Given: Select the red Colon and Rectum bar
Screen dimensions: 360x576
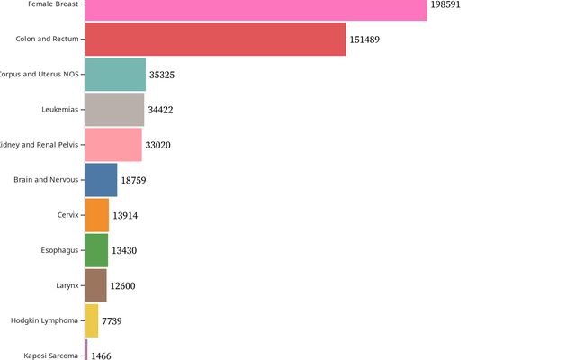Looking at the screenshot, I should click(x=215, y=40).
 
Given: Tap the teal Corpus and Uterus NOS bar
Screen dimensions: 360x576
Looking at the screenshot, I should click(x=115, y=75).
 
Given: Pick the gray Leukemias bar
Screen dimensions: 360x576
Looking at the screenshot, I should click(x=114, y=110).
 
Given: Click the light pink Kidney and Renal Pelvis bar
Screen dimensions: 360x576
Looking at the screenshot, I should click(x=113, y=145).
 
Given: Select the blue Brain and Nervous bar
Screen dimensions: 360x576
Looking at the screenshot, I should click(x=101, y=180).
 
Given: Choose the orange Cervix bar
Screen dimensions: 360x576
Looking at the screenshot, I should click(x=97, y=215).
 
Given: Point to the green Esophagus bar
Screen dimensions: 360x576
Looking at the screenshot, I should click(x=96, y=250).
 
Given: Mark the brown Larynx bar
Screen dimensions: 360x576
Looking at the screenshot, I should click(x=95, y=285).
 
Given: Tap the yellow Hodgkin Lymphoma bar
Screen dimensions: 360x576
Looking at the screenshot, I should click(x=92, y=320).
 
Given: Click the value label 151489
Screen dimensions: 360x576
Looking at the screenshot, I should click(x=368, y=40).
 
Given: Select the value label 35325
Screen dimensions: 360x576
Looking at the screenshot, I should click(x=162, y=75).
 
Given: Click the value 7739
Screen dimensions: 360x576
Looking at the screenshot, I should click(x=112, y=321).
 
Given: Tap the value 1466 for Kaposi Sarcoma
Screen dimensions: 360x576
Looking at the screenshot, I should click(x=101, y=356).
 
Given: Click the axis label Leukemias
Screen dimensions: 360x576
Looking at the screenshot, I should click(x=60, y=110).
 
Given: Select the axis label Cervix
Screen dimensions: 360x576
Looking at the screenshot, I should click(x=67, y=215).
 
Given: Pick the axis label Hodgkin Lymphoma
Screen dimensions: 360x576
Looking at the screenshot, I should click(x=45, y=320).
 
